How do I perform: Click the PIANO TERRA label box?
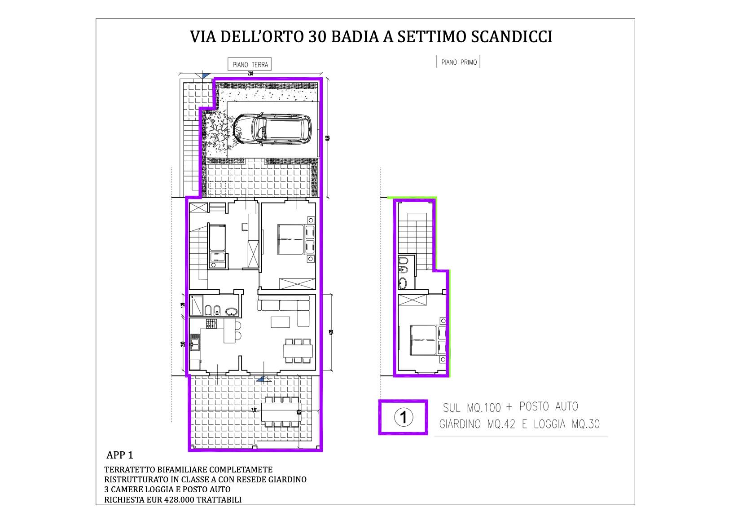[250, 65]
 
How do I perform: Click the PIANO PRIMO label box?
[458, 62]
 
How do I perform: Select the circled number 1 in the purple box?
[403, 417]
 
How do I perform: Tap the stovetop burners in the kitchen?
[211, 323]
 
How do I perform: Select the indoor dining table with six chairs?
[298, 351]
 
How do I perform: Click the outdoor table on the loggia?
[282, 411]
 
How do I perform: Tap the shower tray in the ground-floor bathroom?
[196, 306]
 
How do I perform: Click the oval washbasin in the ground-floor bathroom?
[232, 311]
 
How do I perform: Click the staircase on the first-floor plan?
[415, 234]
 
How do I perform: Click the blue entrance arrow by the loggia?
[260, 380]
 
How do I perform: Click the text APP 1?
[120, 455]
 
